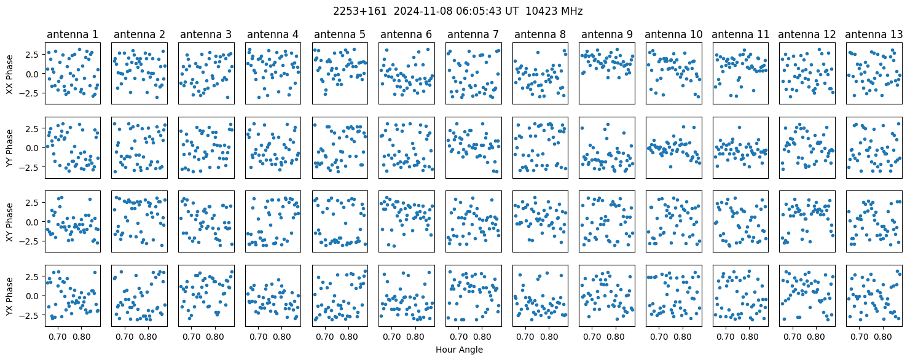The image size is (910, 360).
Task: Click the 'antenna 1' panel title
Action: (73, 35)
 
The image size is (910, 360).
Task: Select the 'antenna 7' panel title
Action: (473, 35)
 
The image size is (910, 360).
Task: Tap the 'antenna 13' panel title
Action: (874, 35)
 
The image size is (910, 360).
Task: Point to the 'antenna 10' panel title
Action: (673, 35)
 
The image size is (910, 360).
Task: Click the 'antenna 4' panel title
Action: (273, 35)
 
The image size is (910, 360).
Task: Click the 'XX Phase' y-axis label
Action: (10, 74)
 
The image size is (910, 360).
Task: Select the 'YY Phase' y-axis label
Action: (10, 148)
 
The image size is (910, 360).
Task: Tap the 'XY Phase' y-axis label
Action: (10, 222)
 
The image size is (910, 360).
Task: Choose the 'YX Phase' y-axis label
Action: (10, 297)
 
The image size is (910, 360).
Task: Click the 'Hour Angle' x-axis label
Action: (459, 350)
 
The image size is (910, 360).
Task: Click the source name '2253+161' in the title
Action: (359, 12)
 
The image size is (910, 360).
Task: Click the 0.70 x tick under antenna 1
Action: (58, 337)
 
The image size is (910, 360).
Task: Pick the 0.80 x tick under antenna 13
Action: (882, 337)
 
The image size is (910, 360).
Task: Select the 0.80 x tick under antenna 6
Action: (415, 337)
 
